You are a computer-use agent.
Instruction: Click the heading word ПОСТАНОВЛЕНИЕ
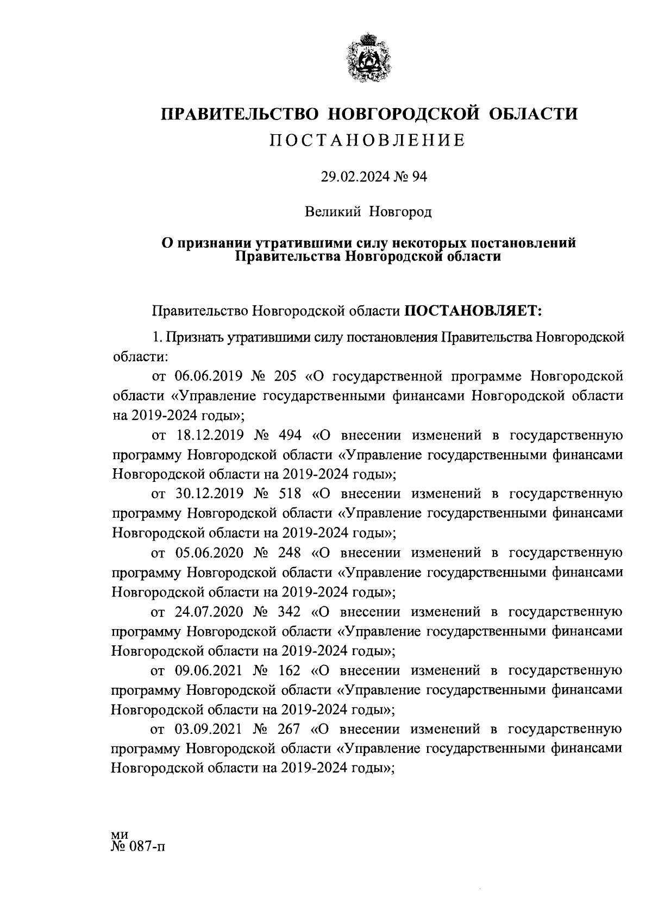tap(368, 141)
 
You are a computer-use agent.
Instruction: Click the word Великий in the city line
tap(333, 211)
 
